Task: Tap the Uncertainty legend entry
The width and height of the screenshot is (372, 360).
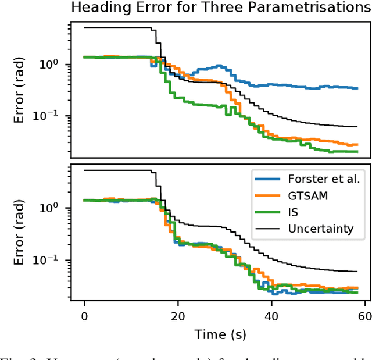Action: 320,229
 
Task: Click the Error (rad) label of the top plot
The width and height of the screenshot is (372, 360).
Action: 19,90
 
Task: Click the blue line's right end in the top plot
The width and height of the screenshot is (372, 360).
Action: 357,88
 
